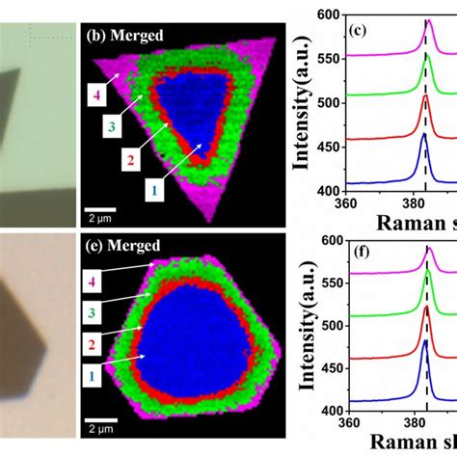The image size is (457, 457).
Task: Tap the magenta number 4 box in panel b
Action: (x=94, y=94)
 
